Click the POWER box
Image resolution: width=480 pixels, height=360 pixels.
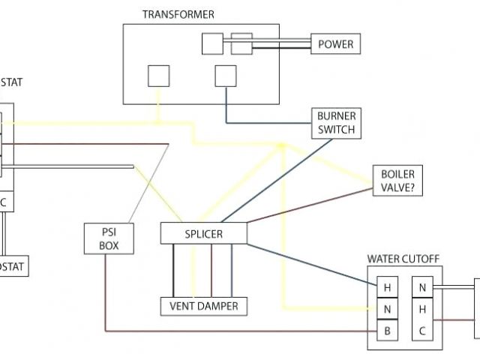pyautogui.click(x=335, y=43)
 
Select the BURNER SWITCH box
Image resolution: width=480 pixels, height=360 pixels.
pyautogui.click(x=336, y=123)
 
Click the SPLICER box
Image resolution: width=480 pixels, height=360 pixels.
pyautogui.click(x=203, y=234)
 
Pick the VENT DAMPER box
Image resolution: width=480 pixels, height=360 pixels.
pyautogui.click(x=203, y=306)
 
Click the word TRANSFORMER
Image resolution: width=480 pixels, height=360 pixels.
pyautogui.click(x=178, y=14)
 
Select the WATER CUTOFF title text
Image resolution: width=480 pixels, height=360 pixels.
pyautogui.click(x=403, y=259)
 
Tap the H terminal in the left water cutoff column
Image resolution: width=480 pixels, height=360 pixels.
pyautogui.click(x=388, y=287)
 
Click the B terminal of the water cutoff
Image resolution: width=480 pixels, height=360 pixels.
pyautogui.click(x=388, y=329)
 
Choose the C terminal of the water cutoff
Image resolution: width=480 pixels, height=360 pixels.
pyautogui.click(x=422, y=329)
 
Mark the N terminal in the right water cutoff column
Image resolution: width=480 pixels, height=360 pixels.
pyautogui.click(x=422, y=287)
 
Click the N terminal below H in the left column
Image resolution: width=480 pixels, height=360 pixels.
pyautogui.click(x=388, y=308)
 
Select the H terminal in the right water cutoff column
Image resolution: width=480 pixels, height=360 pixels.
pyautogui.click(x=422, y=308)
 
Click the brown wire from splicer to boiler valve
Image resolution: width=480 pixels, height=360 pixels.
pyautogui.click(x=307, y=202)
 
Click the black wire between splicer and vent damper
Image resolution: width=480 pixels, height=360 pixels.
pyautogui.click(x=175, y=270)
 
